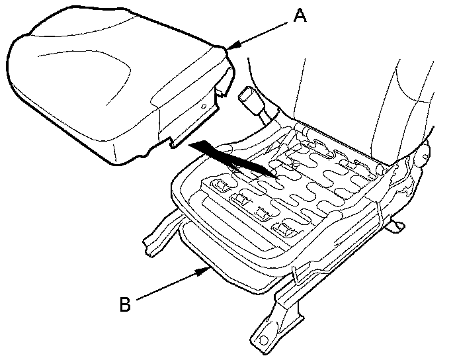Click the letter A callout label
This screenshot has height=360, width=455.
[x=300, y=14]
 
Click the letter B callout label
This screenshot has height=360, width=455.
[x=125, y=305]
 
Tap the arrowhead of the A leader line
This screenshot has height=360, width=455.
[x=229, y=46]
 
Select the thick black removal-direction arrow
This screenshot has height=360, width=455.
[x=231, y=157]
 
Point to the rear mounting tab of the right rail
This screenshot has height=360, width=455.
[x=397, y=226]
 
